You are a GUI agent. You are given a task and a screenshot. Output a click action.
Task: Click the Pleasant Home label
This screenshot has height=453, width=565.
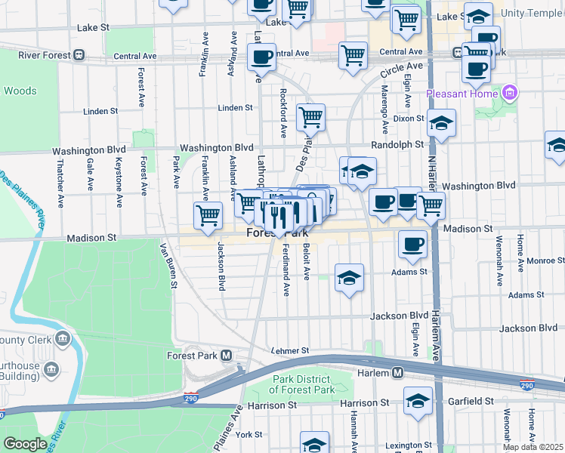coord(462,94)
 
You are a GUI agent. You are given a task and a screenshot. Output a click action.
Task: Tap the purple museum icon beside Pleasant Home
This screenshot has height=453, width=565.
coord(510,93)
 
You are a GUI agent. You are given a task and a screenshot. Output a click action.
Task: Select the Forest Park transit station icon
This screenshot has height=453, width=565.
coord(225,355)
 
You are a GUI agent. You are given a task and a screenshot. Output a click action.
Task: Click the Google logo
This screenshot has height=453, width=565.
coord(25,444)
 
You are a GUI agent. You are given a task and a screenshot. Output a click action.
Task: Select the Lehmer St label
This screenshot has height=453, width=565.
coord(291,351)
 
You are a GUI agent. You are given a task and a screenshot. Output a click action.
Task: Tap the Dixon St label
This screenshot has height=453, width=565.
coord(409,119)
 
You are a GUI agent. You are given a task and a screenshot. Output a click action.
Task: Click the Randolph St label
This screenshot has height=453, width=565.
coord(397,144)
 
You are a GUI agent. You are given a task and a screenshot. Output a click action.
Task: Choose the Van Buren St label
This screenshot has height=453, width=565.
coord(168,265)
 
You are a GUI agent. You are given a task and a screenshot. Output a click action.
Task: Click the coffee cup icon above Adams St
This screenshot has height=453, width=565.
coord(412,243)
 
